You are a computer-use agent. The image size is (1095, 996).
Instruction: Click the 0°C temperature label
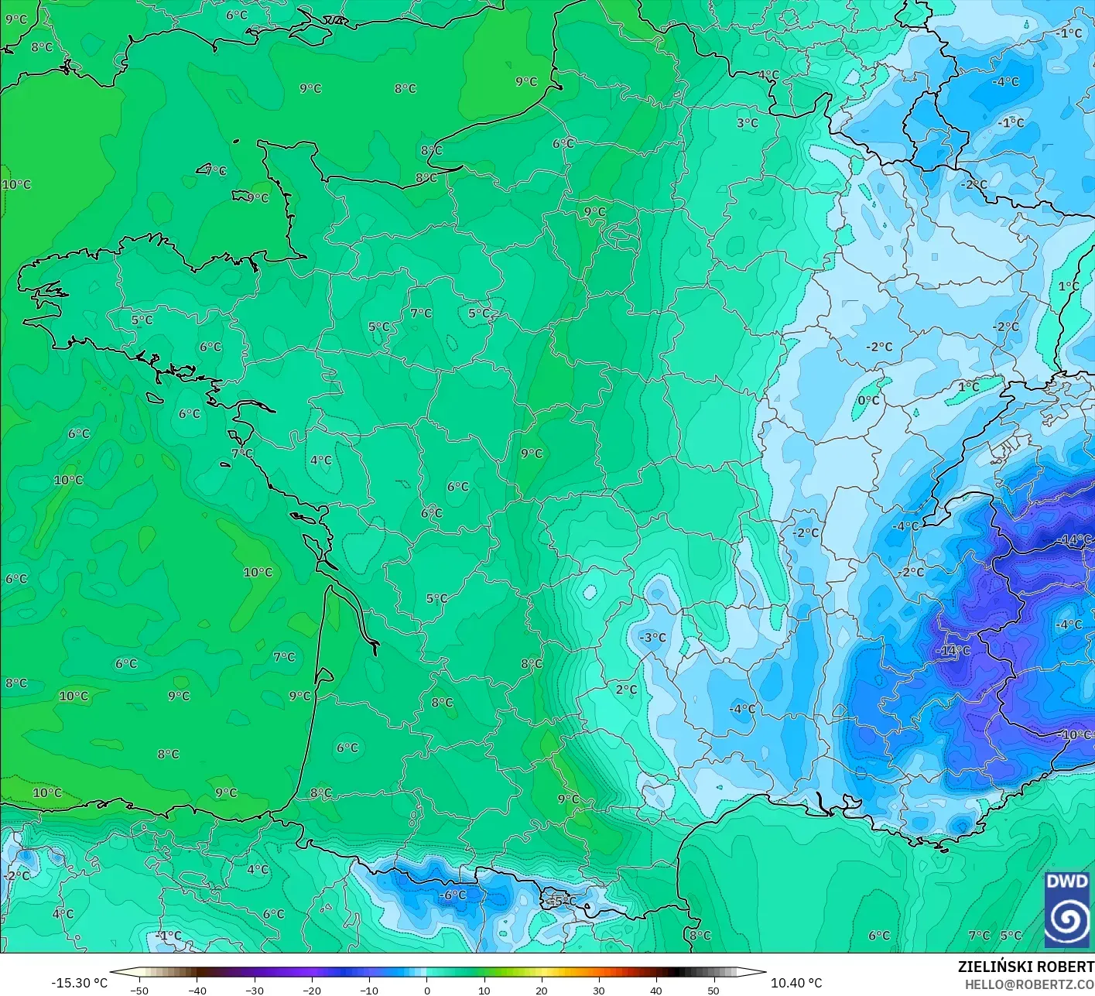[868, 400]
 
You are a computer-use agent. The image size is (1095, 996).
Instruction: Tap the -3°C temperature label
[652, 637]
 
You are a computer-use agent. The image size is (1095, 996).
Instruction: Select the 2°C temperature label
[626, 689]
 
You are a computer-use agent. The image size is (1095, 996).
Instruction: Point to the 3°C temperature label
[747, 122]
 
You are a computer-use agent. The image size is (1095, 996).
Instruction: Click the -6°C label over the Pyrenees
[453, 895]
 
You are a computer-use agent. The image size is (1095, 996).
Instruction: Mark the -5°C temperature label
[563, 900]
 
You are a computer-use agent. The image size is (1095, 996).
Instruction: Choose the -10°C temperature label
[1076, 734]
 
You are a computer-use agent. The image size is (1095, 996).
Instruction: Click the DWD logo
[1067, 909]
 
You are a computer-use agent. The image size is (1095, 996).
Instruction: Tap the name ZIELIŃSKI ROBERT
[1025, 967]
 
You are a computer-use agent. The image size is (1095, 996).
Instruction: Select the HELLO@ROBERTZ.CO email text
[1029, 983]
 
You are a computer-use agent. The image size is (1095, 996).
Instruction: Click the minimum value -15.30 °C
[79, 982]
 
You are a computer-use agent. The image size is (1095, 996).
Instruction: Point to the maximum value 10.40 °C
[796, 982]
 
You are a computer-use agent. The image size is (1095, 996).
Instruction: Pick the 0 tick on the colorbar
[426, 990]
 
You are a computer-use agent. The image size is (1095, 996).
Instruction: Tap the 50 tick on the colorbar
[713, 990]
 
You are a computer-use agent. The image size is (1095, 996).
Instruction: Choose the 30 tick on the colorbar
[598, 990]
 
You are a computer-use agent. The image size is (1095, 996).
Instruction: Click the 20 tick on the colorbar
[541, 990]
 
